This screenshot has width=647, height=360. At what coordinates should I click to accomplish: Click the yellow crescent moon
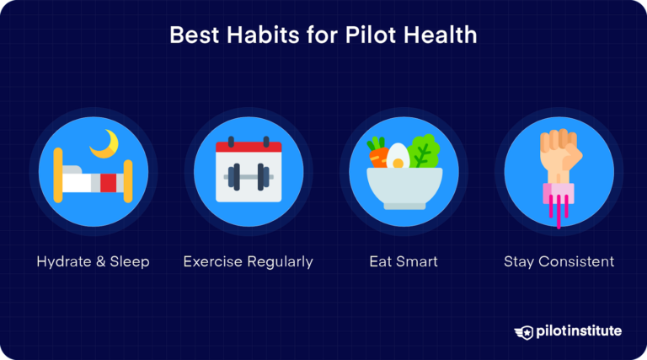tap(104, 142)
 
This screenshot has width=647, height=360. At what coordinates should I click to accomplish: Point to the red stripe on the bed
tap(108, 181)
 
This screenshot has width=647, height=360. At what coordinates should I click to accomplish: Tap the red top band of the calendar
tap(248, 147)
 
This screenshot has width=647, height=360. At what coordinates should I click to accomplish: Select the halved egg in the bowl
tap(397, 157)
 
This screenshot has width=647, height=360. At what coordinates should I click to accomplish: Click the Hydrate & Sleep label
tap(93, 261)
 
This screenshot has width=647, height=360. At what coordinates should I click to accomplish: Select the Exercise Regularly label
tap(248, 261)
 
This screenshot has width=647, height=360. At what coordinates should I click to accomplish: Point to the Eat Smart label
tap(404, 261)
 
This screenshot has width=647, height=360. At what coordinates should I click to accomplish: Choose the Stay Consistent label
tap(559, 261)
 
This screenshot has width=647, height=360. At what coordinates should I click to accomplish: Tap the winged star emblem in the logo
tap(523, 331)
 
